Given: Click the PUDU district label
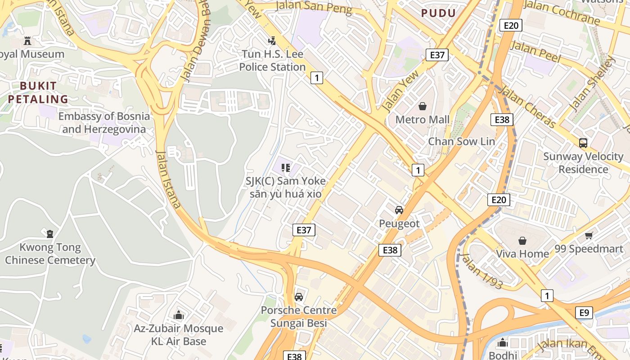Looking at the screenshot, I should [438, 13].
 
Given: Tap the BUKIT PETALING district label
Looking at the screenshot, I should [38, 93].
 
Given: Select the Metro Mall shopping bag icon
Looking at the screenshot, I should [422, 106].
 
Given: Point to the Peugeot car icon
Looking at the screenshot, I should [399, 210].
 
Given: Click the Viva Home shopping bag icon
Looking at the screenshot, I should [522, 241].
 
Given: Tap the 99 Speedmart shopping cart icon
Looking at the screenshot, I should [589, 235].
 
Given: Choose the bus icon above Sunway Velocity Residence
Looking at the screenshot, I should [583, 144].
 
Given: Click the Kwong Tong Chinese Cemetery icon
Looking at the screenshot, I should [49, 234].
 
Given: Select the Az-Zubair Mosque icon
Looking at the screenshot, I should [178, 315].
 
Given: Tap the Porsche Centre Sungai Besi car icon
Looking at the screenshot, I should [298, 297].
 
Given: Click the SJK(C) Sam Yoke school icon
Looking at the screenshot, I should [285, 168].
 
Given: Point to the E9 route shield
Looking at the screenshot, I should [584, 312].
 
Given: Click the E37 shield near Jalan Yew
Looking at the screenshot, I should [436, 55].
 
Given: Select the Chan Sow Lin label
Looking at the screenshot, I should [461, 141].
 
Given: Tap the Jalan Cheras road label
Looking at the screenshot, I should [527, 106].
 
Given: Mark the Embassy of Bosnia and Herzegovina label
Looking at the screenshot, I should [104, 123].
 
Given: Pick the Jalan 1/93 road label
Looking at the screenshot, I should [481, 270].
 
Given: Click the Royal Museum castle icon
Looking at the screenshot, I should [27, 41].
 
